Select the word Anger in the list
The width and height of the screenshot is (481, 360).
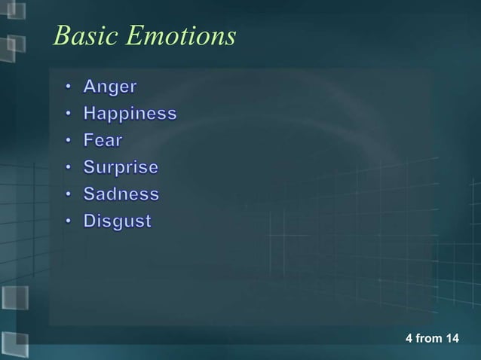click(x=110, y=87)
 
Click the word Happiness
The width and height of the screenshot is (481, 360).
click(x=130, y=114)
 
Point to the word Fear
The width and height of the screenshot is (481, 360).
click(x=103, y=141)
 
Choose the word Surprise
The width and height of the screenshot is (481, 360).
click(x=121, y=168)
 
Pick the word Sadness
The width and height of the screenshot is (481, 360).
click(x=121, y=194)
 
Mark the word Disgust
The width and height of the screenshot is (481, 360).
click(x=117, y=222)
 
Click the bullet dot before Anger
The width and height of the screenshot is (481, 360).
click(x=68, y=88)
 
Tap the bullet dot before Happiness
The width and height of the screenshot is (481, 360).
click(x=68, y=115)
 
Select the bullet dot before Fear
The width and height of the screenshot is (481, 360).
click(x=68, y=142)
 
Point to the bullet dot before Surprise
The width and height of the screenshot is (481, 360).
click(x=68, y=168)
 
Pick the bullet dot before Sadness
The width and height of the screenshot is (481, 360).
click(x=68, y=195)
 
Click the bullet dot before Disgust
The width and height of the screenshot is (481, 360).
click(x=68, y=222)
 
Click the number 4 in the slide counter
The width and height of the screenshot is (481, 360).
click(x=409, y=338)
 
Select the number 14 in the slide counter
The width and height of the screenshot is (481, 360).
click(x=452, y=338)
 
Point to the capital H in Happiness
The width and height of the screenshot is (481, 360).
click(x=90, y=114)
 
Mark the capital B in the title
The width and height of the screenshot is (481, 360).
click(x=62, y=35)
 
